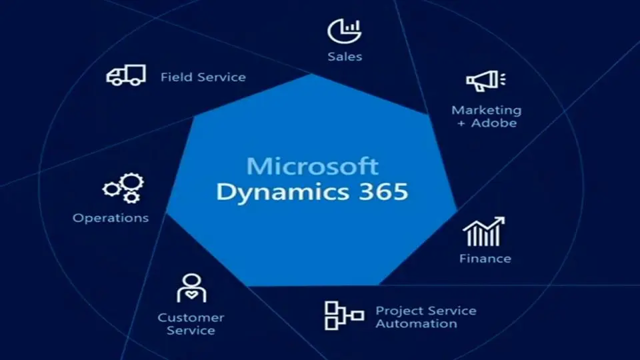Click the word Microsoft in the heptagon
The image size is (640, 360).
pos(312,166)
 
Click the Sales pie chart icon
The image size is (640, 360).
pos(345,31)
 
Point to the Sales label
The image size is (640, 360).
pos(345,56)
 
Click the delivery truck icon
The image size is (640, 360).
pos(126,75)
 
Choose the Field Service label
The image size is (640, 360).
pos(203,77)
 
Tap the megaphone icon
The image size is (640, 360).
pos(486,81)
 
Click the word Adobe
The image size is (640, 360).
pos(494,123)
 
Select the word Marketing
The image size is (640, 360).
pos(487,110)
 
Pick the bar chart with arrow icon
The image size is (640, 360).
pos(484,231)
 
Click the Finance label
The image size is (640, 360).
pos(485,259)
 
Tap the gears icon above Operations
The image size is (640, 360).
pos(123,188)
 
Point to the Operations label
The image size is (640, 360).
pos(111,218)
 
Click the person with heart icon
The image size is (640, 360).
pos(191,288)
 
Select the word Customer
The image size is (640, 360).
pos(191,317)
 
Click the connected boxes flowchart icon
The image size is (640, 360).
pos(344,315)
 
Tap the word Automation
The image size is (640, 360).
pos(416,324)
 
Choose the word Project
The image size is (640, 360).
pos(399,311)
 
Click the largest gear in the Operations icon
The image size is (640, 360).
pos(132,183)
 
